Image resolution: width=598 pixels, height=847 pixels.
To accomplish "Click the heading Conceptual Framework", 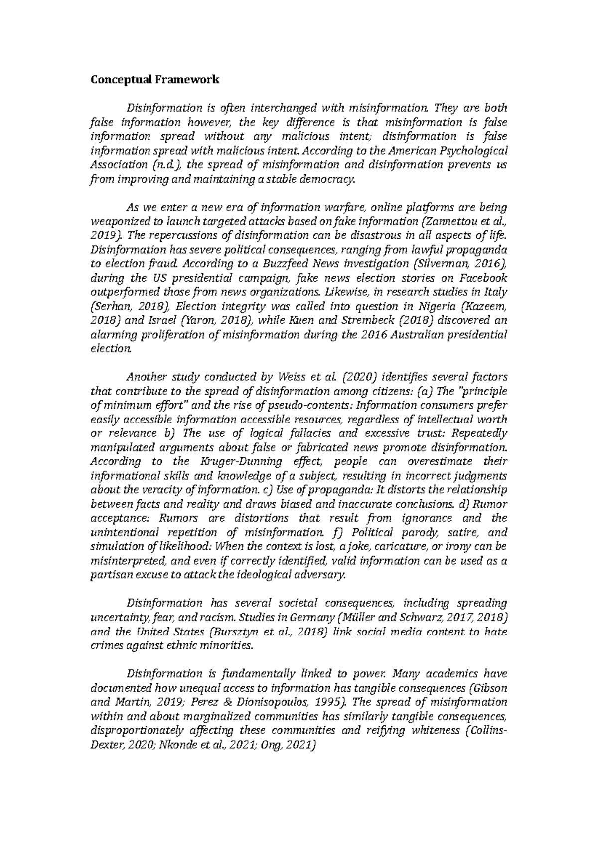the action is click(154, 79).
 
